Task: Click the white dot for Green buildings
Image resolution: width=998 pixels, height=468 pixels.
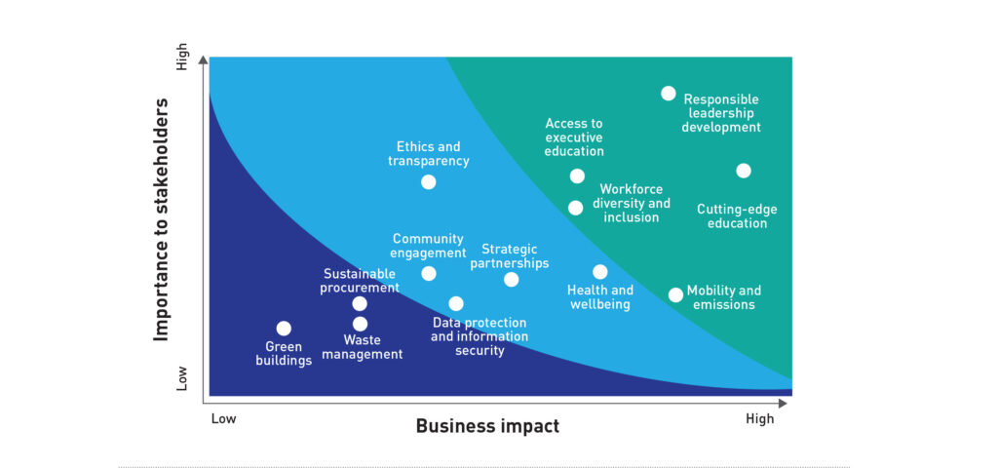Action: [284, 329]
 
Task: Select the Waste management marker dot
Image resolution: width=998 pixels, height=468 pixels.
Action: [361, 324]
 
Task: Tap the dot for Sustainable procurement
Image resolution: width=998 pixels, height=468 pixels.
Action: [360, 304]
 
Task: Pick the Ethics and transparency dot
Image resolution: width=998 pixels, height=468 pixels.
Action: [429, 182]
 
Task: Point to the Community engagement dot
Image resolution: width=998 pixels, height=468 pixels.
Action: [429, 274]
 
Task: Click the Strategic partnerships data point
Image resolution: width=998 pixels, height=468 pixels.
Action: [511, 280]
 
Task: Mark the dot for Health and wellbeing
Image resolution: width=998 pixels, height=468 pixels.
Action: [600, 272]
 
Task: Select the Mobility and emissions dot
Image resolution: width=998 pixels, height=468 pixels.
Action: [676, 294]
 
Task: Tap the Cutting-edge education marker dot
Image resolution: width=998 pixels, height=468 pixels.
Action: [744, 171]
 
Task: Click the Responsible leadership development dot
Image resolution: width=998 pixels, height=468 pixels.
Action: [669, 94]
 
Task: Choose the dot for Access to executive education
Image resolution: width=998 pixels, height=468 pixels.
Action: [577, 176]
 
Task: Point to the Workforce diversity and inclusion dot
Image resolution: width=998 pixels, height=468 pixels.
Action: [575, 208]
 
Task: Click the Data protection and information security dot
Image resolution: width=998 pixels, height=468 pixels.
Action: [456, 304]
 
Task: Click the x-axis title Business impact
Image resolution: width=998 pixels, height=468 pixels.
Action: [487, 426]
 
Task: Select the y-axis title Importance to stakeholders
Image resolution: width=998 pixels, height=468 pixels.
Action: [162, 219]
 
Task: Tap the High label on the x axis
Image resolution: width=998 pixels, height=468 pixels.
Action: [760, 419]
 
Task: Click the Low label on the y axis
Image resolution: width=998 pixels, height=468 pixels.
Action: [183, 377]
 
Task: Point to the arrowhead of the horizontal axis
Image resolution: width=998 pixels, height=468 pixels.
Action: [783, 403]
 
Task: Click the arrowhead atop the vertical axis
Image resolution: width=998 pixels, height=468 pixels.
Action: [203, 60]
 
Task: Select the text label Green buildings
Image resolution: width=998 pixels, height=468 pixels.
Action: [284, 354]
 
